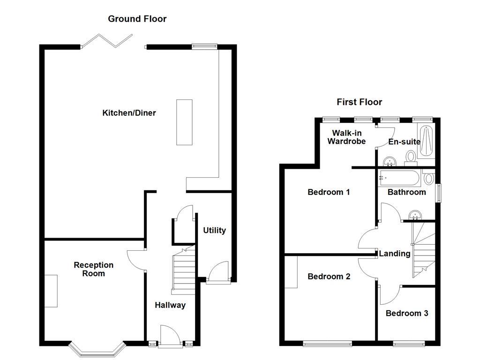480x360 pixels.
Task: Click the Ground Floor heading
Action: pos(137,19)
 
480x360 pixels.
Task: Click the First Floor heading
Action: pos(359,102)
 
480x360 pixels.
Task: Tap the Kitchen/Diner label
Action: pos(129,113)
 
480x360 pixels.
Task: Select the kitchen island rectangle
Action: pos(184,122)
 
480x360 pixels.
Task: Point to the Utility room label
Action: pos(214,230)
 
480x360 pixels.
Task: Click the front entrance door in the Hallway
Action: pos(169,337)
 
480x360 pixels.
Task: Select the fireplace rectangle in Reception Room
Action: pos(51,291)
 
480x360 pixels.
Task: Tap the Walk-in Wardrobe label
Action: pos(346,137)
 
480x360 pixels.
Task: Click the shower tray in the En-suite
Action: pos(426,141)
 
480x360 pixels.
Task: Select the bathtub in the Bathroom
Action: pos(398,178)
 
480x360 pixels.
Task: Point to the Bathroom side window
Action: pos(439,193)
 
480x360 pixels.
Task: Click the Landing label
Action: pos(394,254)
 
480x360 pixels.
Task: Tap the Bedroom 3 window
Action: pos(409,343)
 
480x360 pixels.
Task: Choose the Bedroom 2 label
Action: pos(329,277)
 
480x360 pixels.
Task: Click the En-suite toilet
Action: pos(411,157)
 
